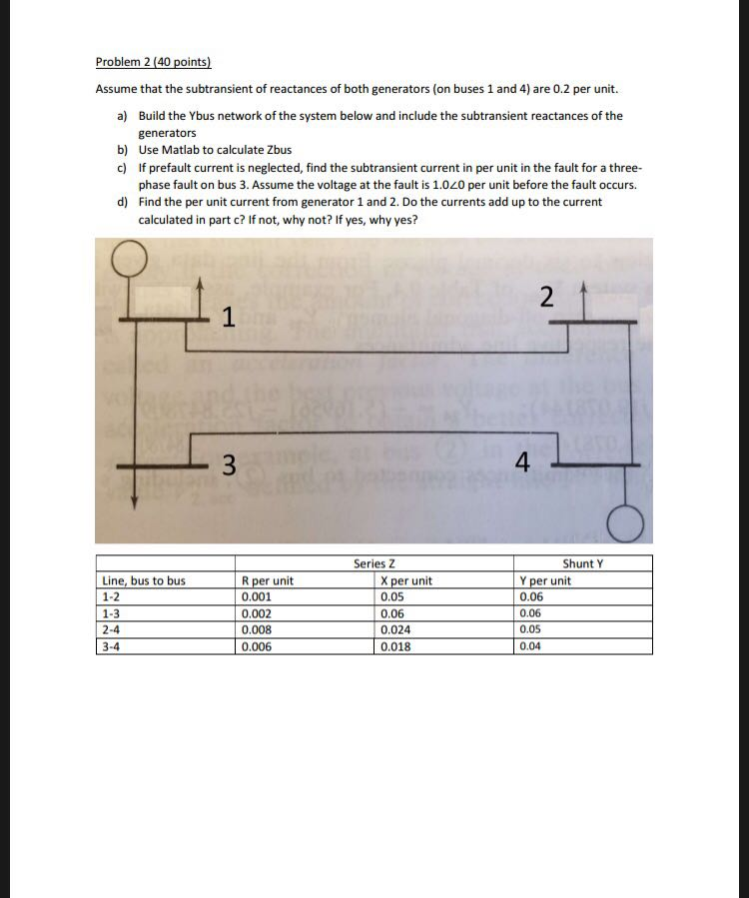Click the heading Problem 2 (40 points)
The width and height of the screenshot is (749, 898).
(154, 62)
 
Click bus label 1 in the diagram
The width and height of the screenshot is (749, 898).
(229, 318)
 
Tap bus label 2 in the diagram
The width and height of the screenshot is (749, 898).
(544, 296)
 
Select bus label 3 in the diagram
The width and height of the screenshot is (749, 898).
(229, 464)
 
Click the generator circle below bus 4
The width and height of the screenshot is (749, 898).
(628, 520)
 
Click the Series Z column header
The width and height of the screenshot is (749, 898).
(374, 564)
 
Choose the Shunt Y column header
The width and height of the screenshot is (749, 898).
(583, 564)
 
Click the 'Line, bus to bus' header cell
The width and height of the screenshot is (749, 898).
(144, 580)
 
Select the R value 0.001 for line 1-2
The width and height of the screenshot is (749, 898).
(256, 596)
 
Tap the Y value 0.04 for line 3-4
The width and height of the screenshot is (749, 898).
(530, 646)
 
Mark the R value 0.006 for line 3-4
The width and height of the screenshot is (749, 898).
(256, 646)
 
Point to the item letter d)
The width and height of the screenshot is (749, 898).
(121, 202)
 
